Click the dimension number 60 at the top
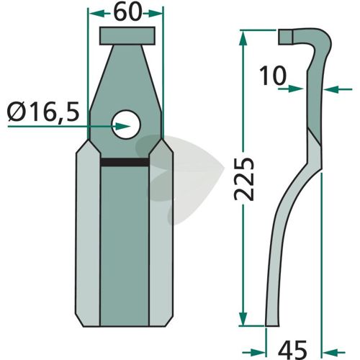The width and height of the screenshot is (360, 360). [x=127, y=13]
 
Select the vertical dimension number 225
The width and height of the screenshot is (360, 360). [x=244, y=179]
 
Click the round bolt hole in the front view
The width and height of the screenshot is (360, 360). [x=126, y=124]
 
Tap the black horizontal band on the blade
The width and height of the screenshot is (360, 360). [x=125, y=163]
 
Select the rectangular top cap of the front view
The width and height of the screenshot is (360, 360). [x=127, y=36]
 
